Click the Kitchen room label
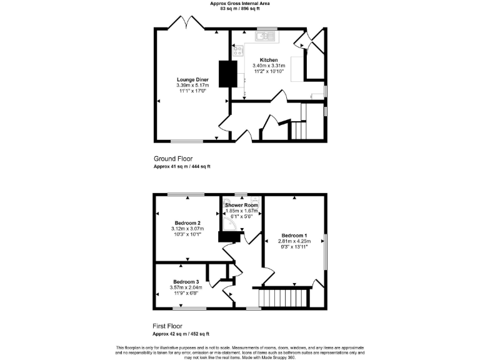pyautogui.click(x=269, y=60)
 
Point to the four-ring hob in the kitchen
pyautogui.click(x=237, y=52)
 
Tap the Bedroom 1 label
pyautogui.click(x=293, y=236)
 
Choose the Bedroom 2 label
pyautogui.click(x=187, y=223)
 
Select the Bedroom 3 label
pyautogui.click(x=186, y=281)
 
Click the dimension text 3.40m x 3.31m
pyautogui.click(x=269, y=66)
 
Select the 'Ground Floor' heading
pyautogui.click(x=172, y=158)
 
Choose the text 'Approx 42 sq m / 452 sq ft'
pyautogui.click(x=181, y=334)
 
